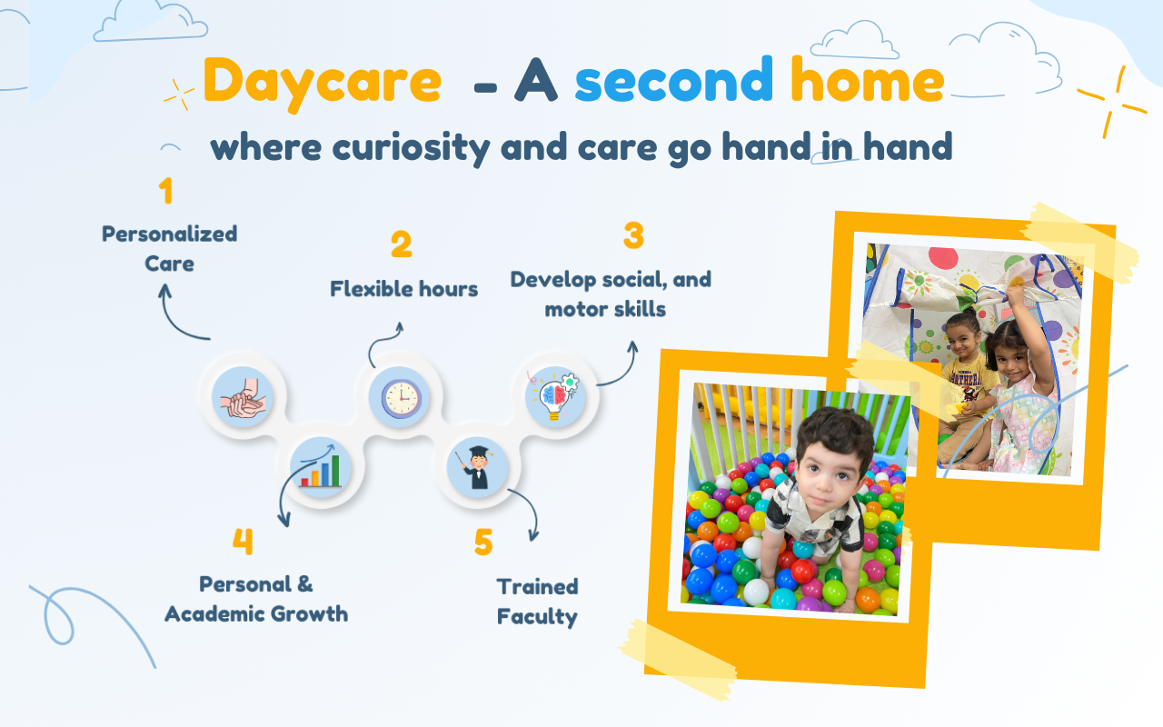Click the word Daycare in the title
[x=322, y=83]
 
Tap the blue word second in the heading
[x=674, y=80]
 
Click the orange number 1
[x=165, y=191]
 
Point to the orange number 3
[x=634, y=235]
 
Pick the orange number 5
[x=483, y=543]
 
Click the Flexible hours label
[x=404, y=289]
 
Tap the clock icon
[x=401, y=399]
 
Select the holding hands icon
[x=243, y=398]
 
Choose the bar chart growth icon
[x=321, y=467]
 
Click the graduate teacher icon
[x=478, y=467]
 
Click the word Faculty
[x=537, y=617]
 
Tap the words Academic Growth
[x=256, y=613]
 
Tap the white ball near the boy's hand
[x=756, y=592]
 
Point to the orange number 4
[x=243, y=542]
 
